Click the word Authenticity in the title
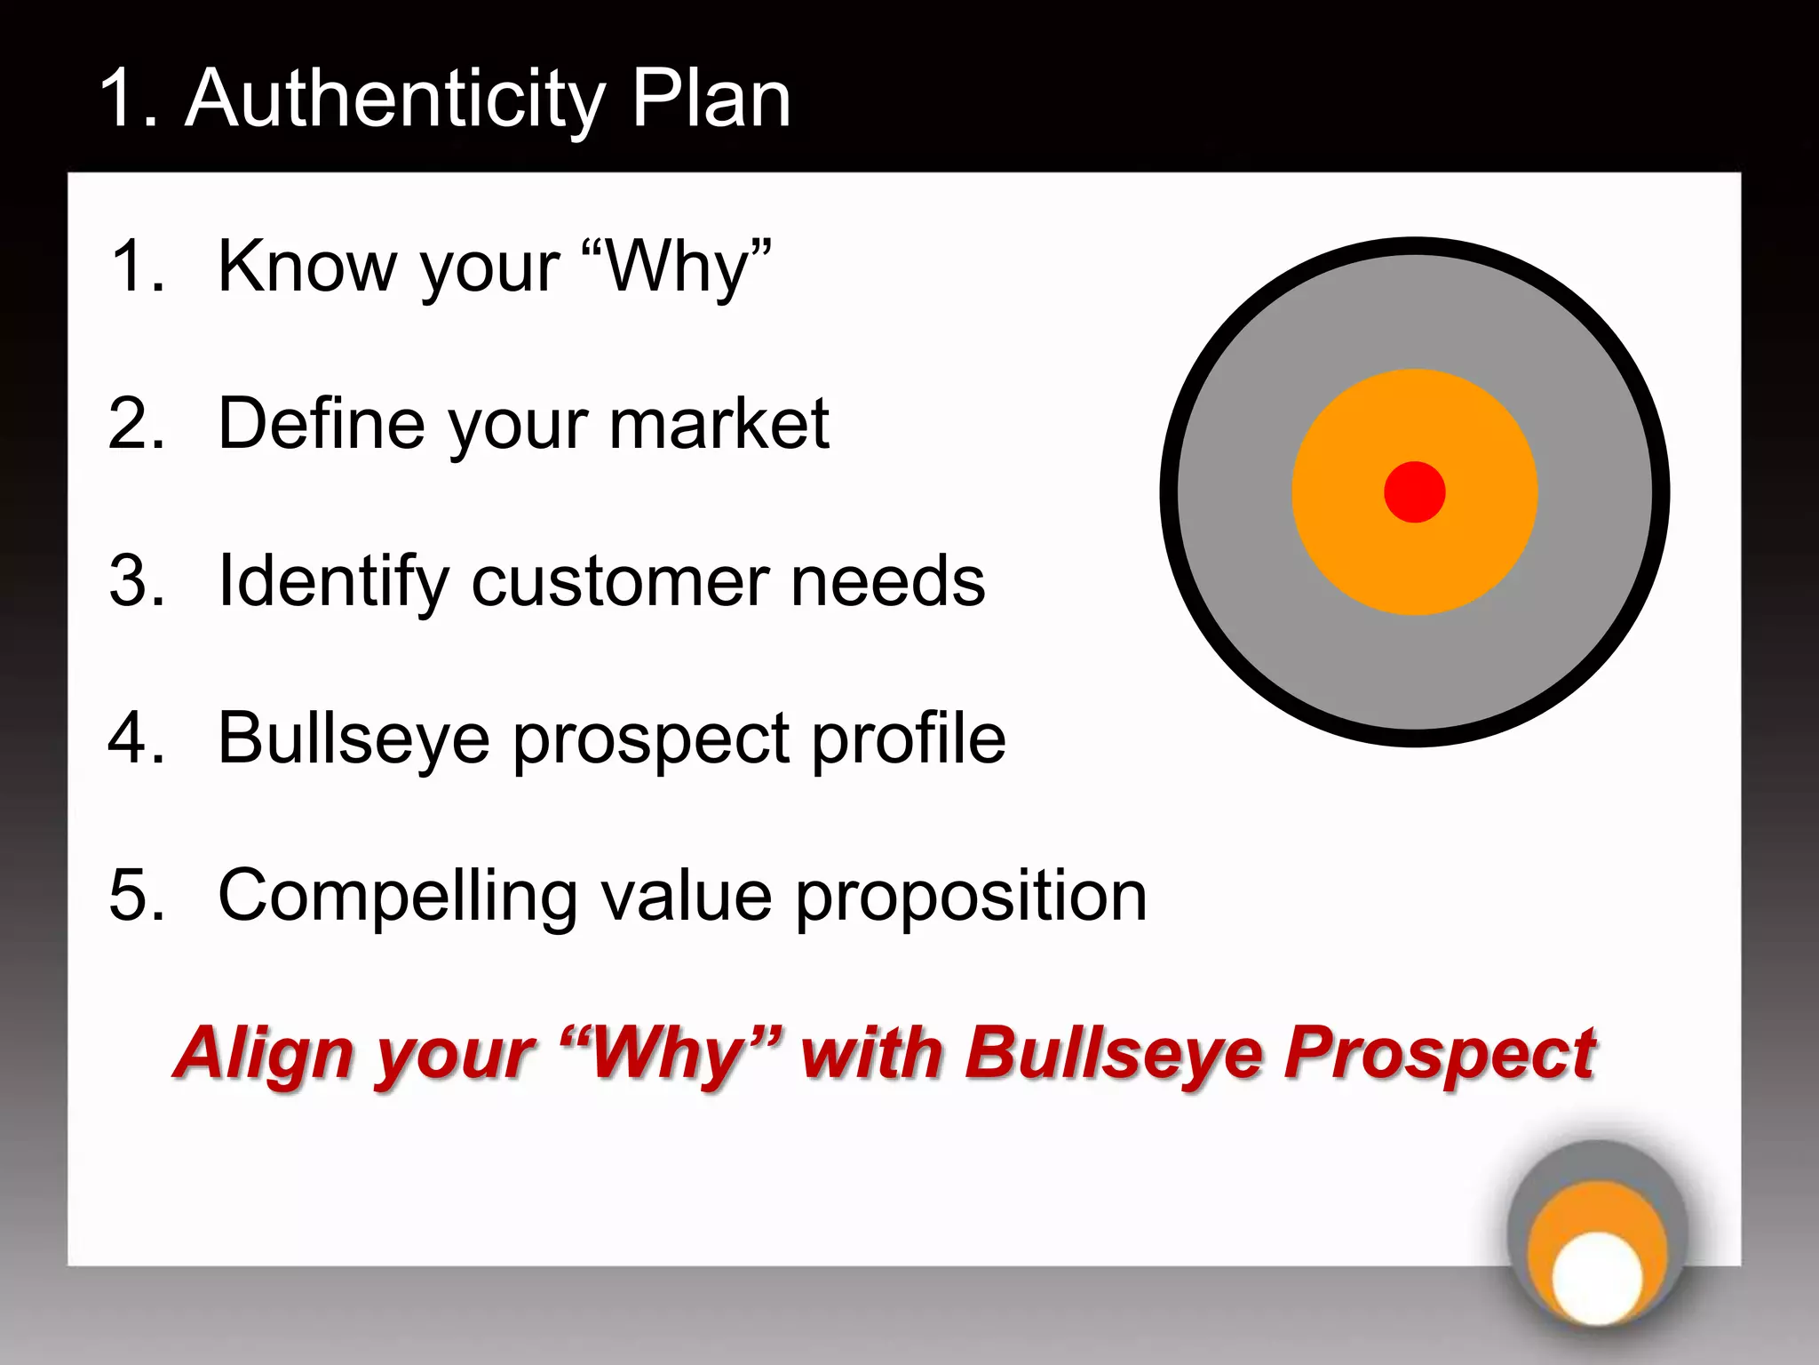pyautogui.click(x=394, y=100)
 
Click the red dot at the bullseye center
pyautogui.click(x=1414, y=491)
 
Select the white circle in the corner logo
pyautogui.click(x=1597, y=1277)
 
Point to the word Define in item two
pyautogui.click(x=321, y=423)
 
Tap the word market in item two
pyautogui.click(x=719, y=423)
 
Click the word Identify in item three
pyautogui.click(x=333, y=581)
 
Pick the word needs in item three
pyautogui.click(x=887, y=581)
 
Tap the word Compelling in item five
pyautogui.click(x=398, y=896)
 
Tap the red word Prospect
pyautogui.click(x=1440, y=1054)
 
